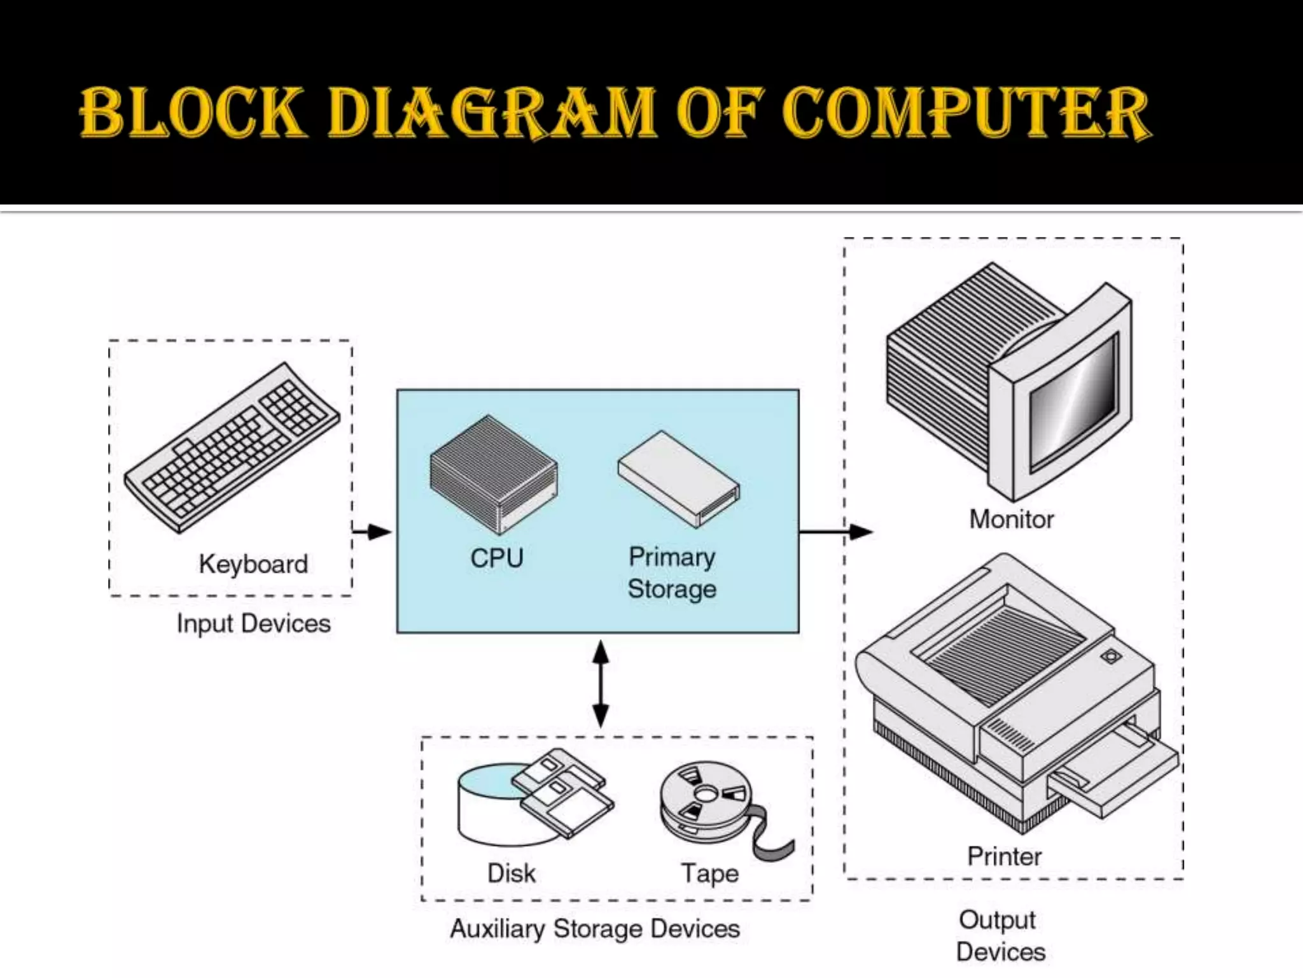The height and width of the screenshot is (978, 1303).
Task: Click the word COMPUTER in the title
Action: (x=966, y=113)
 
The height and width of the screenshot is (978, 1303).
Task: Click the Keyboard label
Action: (x=253, y=564)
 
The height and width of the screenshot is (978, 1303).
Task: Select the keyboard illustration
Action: (x=232, y=447)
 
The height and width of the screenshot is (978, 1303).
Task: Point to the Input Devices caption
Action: (x=253, y=623)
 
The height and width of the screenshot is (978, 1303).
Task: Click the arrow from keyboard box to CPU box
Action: (x=372, y=531)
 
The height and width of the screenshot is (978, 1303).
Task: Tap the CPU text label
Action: (x=496, y=558)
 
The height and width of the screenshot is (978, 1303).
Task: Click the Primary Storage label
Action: (x=672, y=573)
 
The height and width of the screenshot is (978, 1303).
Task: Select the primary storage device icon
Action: (x=678, y=478)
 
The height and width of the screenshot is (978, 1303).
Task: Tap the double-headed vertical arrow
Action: (x=601, y=684)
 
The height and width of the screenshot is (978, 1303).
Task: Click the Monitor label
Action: (x=1011, y=520)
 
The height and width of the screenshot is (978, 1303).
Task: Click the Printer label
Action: (x=1004, y=856)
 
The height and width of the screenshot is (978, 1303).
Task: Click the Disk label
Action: (x=511, y=873)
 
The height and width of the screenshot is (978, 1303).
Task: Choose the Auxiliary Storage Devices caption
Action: (x=595, y=929)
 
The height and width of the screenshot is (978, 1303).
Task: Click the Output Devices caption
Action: (x=1000, y=935)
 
